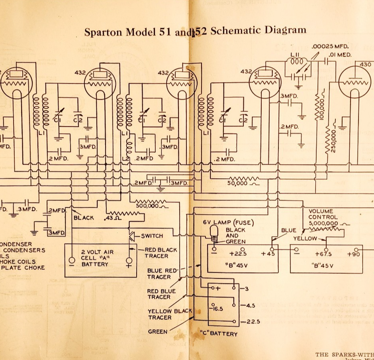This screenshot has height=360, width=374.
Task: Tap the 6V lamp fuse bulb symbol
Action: [x=215, y=232]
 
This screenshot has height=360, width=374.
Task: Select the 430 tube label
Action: [x=365, y=65]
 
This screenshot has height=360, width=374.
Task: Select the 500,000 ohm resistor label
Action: [x=148, y=206]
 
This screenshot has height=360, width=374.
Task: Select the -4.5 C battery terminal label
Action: [x=247, y=305]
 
